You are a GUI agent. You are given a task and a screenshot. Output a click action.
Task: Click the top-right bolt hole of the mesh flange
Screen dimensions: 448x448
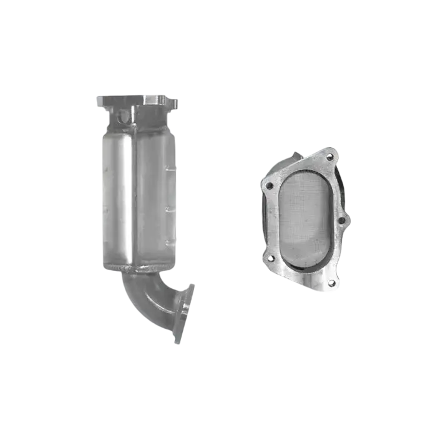point(329,157)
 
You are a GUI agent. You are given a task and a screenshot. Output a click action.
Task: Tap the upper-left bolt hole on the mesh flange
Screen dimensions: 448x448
point(270,185)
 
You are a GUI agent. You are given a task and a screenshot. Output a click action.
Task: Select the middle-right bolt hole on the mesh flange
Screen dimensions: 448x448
point(341,220)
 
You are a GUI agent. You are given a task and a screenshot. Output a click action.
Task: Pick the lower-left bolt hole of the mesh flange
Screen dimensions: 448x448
point(271,257)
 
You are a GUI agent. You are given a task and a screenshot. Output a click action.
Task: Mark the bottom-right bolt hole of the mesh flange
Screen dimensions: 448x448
point(331,283)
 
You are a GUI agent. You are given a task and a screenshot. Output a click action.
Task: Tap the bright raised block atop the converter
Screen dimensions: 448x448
point(150,98)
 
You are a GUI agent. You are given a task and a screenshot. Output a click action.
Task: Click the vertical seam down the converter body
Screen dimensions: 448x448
point(134,193)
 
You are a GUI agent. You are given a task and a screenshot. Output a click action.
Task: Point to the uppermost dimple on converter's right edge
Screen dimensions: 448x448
point(169,164)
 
